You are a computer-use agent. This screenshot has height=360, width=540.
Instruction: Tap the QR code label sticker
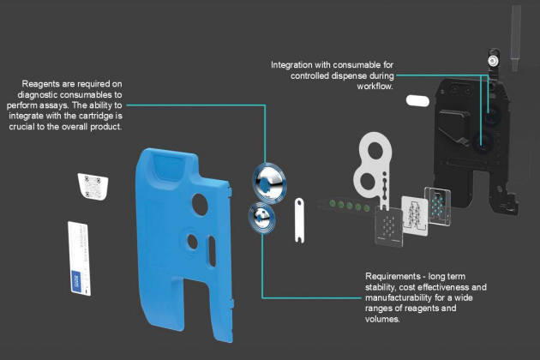click(93, 186)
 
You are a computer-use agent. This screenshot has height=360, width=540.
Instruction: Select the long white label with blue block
click(80, 258)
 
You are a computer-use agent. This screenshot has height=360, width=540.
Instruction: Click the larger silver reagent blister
click(269, 183)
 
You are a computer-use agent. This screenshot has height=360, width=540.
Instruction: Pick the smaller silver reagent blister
click(261, 218)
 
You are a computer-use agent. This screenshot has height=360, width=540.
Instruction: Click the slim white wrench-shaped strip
click(299, 220)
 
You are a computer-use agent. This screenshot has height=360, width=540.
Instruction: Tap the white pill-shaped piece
click(417, 101)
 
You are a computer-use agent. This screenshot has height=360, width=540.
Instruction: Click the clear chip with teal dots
click(438, 207)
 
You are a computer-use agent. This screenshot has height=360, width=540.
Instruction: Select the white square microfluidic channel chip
click(415, 215)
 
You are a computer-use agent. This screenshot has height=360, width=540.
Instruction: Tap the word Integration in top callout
click(291, 65)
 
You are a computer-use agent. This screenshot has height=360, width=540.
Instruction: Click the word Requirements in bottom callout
click(393, 276)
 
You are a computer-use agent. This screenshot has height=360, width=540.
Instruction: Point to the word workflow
click(375, 86)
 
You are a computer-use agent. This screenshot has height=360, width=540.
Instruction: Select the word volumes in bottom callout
click(382, 319)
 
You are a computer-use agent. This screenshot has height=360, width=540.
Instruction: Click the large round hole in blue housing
click(200, 205)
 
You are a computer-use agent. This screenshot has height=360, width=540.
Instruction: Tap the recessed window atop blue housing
click(168, 165)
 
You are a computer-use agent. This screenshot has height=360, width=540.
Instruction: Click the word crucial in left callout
click(22, 127)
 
